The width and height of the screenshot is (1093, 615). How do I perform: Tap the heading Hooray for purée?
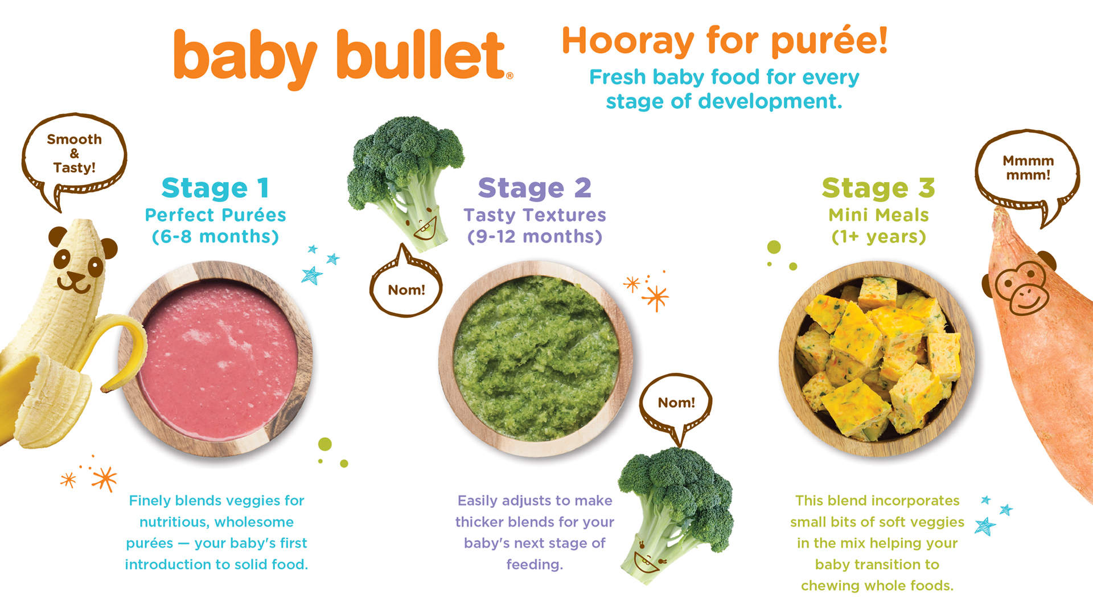(x=724, y=41)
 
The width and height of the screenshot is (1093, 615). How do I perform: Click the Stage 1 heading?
(x=215, y=188)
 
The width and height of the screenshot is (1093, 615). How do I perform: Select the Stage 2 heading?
(x=535, y=188)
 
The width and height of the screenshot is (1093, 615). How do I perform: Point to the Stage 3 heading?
(x=878, y=188)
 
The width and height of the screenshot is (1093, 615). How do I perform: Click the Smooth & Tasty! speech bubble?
(x=74, y=154)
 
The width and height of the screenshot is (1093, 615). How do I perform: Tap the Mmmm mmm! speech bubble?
(x=1028, y=168)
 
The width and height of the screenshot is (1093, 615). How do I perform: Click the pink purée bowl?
(x=216, y=359)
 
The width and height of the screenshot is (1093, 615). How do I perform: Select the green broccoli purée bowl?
(x=535, y=359)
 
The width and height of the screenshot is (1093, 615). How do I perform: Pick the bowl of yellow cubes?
(x=877, y=359)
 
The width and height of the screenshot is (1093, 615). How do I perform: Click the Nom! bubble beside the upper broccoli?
(x=406, y=289)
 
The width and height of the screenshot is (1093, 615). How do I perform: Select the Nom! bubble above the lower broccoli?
(x=676, y=403)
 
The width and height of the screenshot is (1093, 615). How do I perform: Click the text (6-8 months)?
(x=215, y=236)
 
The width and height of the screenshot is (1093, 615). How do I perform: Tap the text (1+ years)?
(x=878, y=236)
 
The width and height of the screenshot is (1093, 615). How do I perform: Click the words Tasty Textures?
(x=535, y=215)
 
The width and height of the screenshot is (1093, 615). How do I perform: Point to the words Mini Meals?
(x=878, y=215)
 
